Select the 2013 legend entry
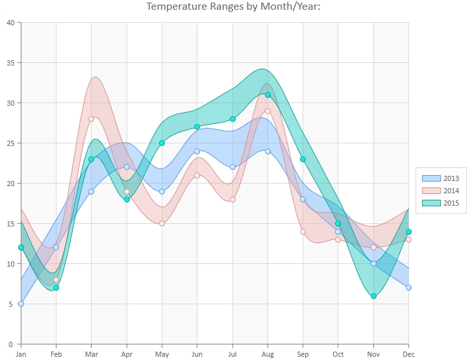[442, 178]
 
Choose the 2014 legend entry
[442, 190]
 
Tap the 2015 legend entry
[442, 203]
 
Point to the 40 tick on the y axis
[10, 23]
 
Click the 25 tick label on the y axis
[10, 143]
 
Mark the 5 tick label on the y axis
[12, 304]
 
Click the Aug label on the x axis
[268, 354]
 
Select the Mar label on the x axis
[91, 354]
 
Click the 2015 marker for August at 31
[268, 95]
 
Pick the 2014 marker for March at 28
[92, 119]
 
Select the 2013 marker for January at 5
[21, 304]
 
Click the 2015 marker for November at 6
[373, 296]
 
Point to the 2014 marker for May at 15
[162, 223]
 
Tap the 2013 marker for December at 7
[408, 287]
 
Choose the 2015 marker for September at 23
[303, 159]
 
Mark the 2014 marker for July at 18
[232, 199]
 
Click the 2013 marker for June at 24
[197, 151]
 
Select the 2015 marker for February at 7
[56, 287]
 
